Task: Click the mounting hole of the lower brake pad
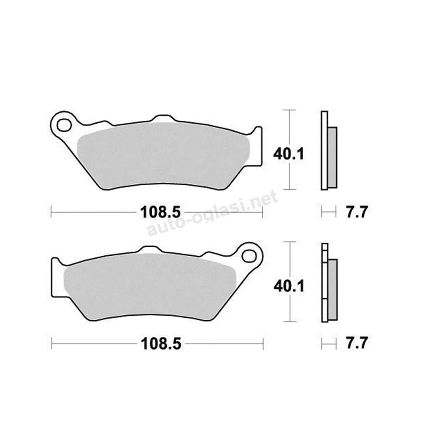(249, 256)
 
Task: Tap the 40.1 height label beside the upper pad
(289, 154)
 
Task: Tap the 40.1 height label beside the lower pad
(289, 286)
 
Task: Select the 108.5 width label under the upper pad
(160, 212)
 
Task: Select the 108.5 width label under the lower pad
(161, 344)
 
